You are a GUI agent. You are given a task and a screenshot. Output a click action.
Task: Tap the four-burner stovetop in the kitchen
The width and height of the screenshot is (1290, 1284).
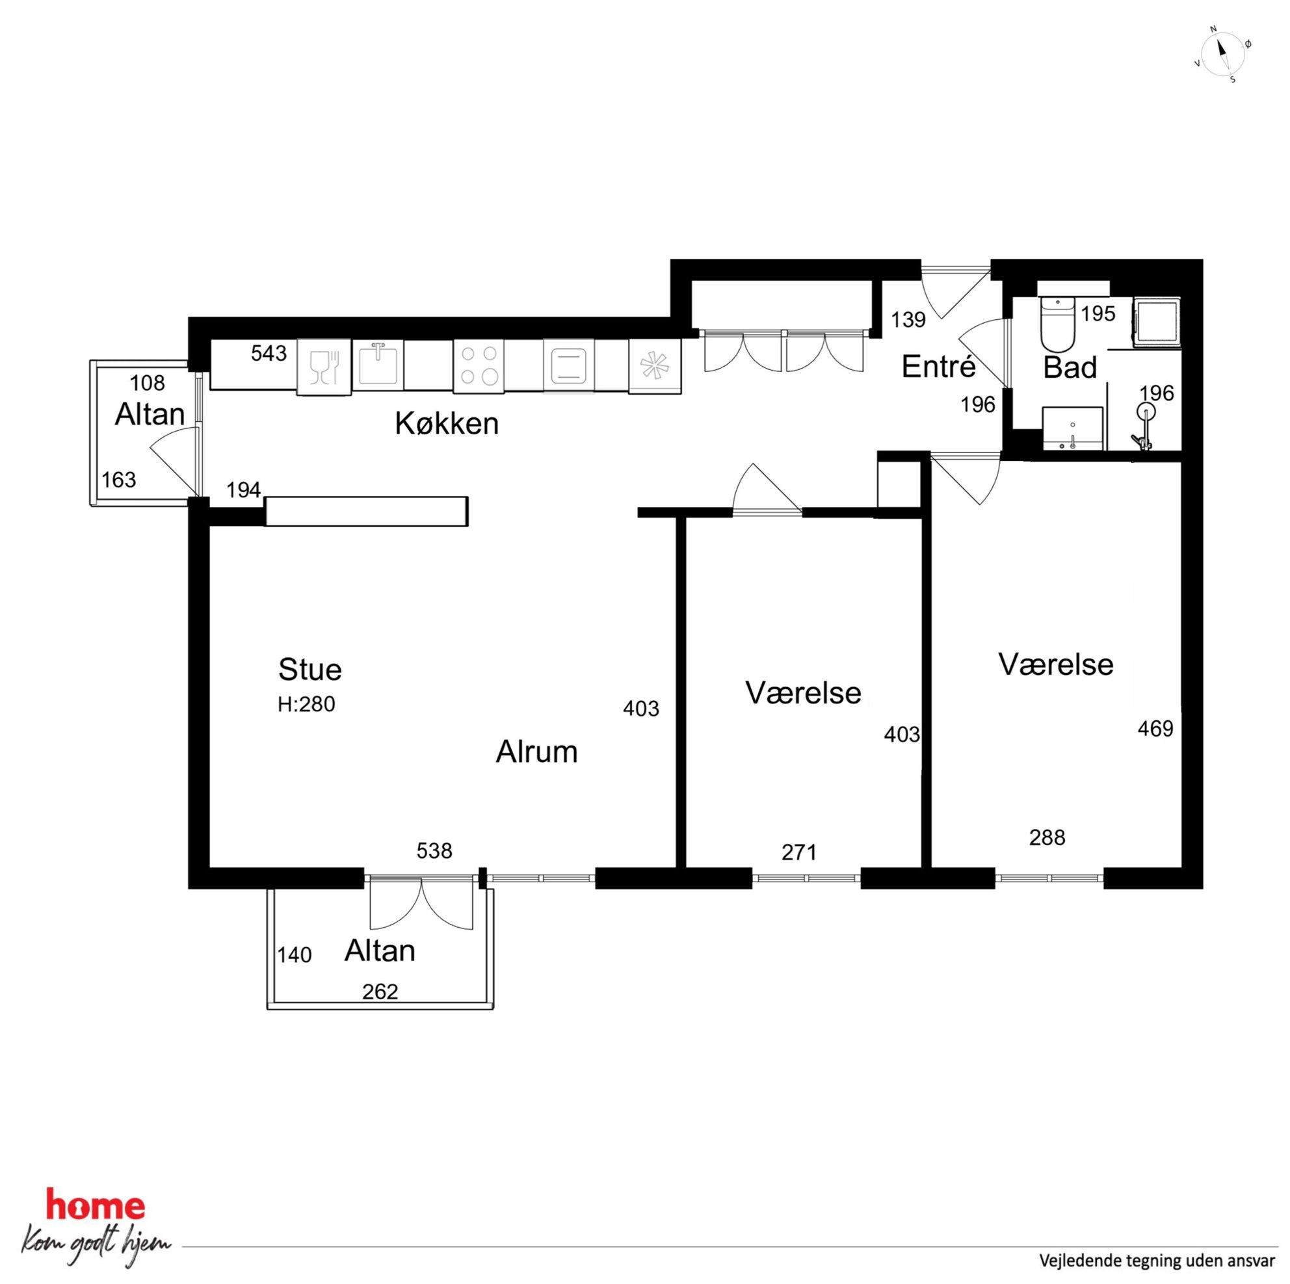coord(479,365)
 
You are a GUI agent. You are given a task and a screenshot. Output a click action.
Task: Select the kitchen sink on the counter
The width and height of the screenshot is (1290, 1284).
coord(378,365)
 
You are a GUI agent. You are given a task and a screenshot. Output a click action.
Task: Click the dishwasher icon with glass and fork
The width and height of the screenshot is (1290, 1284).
coord(324,367)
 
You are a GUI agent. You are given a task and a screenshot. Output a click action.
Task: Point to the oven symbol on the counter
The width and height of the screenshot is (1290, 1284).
coord(568,365)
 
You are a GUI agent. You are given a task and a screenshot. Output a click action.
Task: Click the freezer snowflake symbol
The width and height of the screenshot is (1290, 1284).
coord(654,366)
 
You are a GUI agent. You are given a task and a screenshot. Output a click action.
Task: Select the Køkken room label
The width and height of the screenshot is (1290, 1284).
coord(447,423)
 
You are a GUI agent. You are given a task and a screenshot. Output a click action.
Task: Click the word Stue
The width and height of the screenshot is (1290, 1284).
coord(309,669)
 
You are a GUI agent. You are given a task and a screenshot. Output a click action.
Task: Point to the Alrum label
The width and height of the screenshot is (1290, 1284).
coord(536,752)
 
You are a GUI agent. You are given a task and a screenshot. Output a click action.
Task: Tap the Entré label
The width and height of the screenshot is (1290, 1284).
coord(938,366)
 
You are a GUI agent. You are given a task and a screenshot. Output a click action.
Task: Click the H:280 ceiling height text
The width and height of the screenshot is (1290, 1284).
coord(306,705)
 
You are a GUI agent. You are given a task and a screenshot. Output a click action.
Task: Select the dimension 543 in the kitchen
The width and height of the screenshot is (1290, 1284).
coord(269,352)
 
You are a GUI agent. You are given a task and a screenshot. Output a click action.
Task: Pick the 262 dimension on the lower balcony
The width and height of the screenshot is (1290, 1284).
coord(380,991)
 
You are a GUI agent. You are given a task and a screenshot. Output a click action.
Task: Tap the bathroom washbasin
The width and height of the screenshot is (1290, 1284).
coord(1072,428)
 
